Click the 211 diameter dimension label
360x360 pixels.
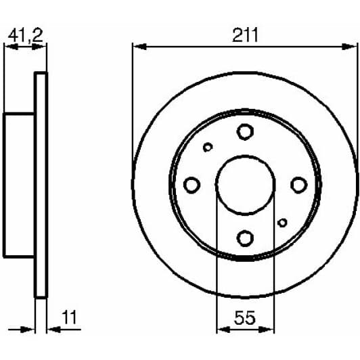pos(245,35)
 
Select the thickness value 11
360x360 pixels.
pos(68,317)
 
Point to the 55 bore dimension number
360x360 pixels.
pos(244,317)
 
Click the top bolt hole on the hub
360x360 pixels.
pos(244,131)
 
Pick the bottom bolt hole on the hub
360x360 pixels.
pos(244,237)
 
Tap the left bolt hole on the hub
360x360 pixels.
pos(192,184)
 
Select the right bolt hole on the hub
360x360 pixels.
pos(298,184)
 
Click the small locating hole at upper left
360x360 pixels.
pos(208,147)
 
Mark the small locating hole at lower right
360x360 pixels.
pos(282,223)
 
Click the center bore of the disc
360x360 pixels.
pos(244,184)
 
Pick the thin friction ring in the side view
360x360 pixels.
pos(41,185)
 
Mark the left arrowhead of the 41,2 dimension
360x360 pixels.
pos(9,46)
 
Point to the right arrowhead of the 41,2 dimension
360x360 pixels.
pos(43,46)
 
